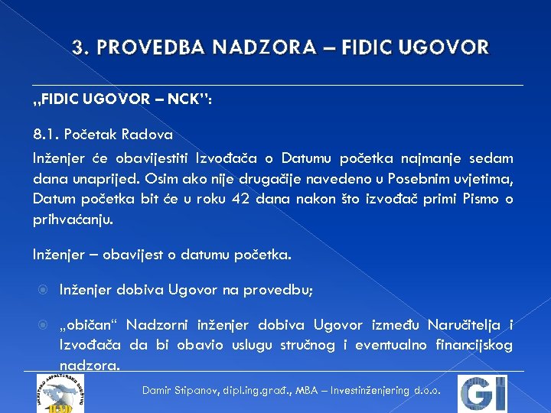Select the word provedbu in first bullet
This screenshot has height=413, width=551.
279,291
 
